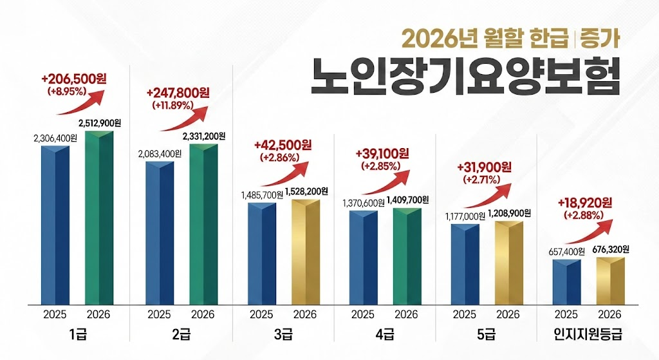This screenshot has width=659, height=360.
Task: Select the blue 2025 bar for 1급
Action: click(55, 225)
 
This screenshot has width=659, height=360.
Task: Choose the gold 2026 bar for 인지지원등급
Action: click(610, 281)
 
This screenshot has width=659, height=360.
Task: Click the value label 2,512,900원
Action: click(100, 122)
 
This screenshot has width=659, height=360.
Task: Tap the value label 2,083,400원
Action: click(159, 153)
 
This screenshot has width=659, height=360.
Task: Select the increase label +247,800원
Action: click(174, 92)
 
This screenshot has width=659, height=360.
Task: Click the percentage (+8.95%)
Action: click(67, 91)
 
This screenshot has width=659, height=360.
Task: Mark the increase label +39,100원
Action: click(382, 154)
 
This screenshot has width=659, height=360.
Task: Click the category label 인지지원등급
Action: click(588, 336)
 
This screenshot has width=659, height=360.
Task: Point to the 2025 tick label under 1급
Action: click(55, 314)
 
